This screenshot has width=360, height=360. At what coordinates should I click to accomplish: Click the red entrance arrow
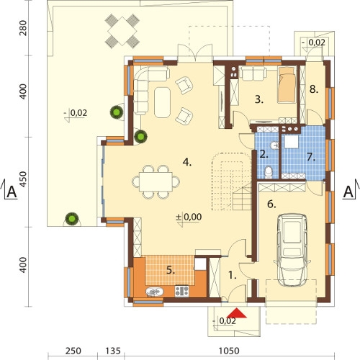click(x=236, y=312)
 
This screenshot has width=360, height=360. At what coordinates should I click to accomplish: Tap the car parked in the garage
click(x=292, y=251)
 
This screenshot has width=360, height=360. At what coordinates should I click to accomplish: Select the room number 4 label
click(x=187, y=163)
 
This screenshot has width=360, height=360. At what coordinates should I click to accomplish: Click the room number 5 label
click(x=171, y=271)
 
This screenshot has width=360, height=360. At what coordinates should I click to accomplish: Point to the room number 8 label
click(x=314, y=89)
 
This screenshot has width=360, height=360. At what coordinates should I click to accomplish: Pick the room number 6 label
click(x=271, y=204)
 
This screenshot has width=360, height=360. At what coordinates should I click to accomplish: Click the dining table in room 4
click(x=156, y=181)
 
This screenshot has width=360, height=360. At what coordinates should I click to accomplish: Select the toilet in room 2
click(x=269, y=172)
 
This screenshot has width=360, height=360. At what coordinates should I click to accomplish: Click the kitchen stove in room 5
click(x=182, y=291)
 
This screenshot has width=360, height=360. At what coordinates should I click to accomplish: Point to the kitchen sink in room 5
click(x=155, y=292)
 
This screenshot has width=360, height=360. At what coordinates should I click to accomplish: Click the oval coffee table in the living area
click(x=163, y=102)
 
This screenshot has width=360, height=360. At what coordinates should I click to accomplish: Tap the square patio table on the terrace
click(x=122, y=31)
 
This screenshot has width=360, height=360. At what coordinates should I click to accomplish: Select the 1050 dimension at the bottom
click(x=229, y=351)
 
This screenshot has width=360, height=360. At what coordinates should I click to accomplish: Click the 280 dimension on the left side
click(x=23, y=28)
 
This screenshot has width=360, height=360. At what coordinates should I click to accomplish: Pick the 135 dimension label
click(x=113, y=351)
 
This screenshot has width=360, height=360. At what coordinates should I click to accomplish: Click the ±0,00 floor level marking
click(x=189, y=217)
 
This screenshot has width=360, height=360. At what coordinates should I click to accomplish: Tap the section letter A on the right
click(x=348, y=192)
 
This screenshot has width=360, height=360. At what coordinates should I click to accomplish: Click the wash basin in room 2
click(x=274, y=145)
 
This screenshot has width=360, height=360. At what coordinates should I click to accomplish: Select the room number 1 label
click(x=232, y=275)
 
